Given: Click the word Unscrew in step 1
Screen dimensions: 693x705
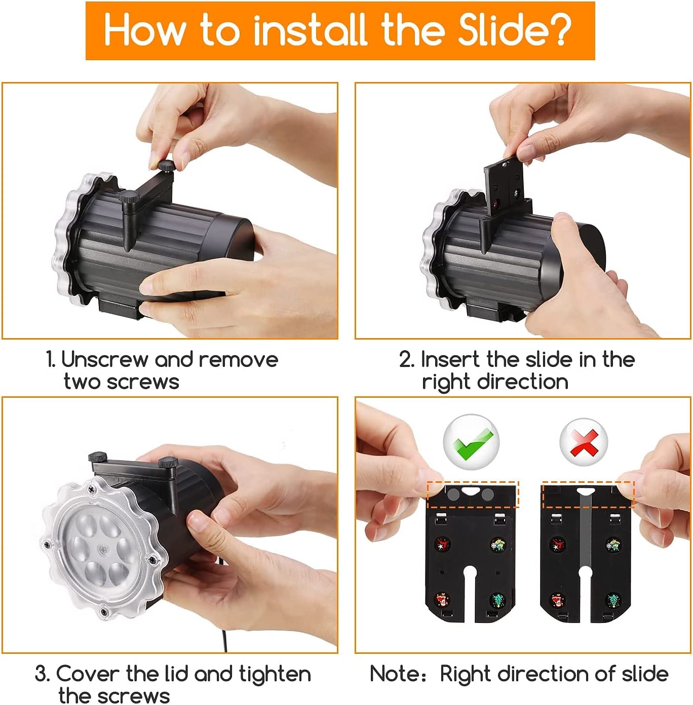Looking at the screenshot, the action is [104, 359].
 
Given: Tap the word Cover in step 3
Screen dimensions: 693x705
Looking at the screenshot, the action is [88, 674].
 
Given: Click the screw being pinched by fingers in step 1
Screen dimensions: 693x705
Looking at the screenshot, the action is [166, 165].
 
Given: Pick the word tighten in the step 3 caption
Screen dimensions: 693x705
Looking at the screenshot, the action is [275, 674].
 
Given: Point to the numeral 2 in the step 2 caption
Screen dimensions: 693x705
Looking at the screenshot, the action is [406, 359].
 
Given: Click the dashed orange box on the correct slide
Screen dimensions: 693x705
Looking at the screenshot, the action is [473, 494].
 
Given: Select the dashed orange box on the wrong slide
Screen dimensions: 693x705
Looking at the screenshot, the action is [588, 494].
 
